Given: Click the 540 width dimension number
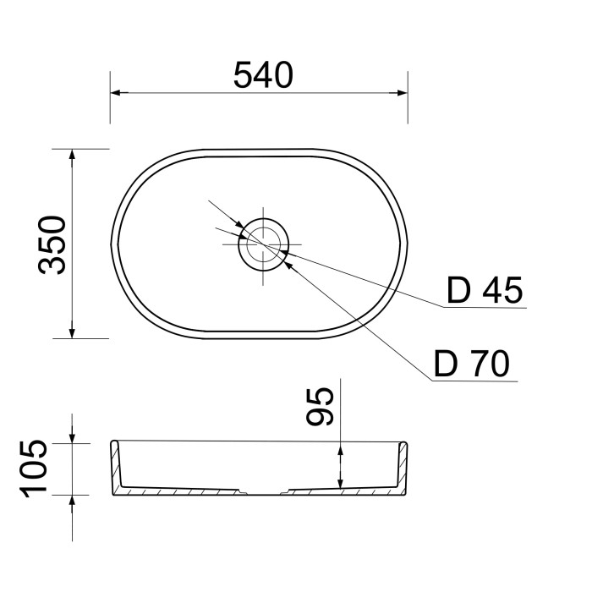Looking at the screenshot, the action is [x=263, y=74].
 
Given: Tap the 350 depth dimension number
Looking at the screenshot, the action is [x=52, y=244].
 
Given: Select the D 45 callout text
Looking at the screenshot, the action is [x=485, y=290].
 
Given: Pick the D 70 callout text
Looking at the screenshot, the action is [x=472, y=363].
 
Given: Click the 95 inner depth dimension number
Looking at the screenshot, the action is [x=320, y=407].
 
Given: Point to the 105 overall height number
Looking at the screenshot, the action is [x=34, y=469].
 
